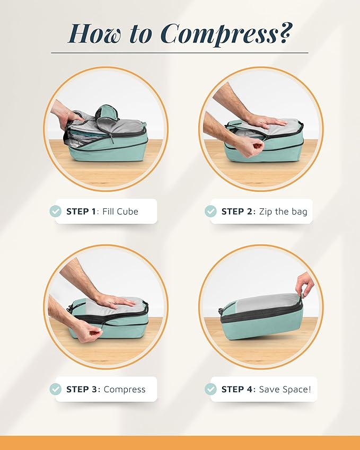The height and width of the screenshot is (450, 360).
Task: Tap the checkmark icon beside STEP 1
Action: (56, 211)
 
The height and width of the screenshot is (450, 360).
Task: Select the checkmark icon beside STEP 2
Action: (210, 211)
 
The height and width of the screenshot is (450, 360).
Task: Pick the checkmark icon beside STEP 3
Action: (56, 389)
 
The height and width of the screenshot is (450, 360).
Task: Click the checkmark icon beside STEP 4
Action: (210, 389)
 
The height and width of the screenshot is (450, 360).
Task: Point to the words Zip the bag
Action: (283, 211)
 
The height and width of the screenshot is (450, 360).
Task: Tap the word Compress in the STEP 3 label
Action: (125, 389)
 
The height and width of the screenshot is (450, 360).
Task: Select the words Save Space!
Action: (285, 389)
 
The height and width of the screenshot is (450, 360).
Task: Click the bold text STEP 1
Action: (81, 211)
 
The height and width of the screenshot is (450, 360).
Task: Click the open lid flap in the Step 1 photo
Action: (107, 113)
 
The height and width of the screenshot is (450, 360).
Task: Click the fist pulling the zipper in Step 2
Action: (244, 146)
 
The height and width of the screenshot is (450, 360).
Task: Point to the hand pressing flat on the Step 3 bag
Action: (114, 301)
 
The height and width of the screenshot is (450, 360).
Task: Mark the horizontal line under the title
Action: (180, 53)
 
